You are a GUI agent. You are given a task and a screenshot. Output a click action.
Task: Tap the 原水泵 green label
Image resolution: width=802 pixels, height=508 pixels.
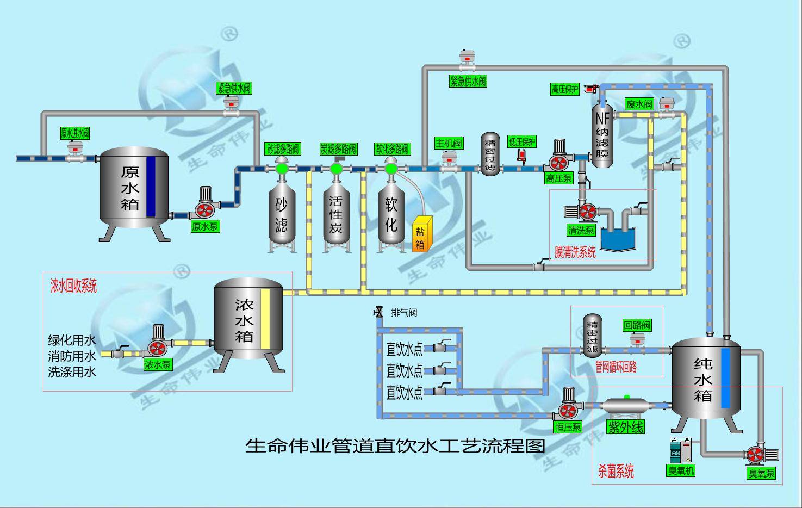tap(205, 226)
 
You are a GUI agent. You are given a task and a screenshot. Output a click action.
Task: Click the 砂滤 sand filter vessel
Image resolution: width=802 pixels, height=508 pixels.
tap(282, 215)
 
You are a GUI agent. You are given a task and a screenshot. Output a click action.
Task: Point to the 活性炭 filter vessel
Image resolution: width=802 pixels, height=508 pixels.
tap(336, 215)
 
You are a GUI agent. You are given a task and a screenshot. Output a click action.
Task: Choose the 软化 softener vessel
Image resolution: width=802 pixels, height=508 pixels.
tap(391, 215)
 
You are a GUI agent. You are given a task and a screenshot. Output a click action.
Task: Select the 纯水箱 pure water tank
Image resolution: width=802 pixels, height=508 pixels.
tap(706, 381)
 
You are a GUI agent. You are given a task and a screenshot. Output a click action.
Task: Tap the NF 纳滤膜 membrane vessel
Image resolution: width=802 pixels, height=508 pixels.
tap(602, 136)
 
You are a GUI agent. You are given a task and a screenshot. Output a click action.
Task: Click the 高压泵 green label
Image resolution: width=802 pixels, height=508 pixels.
tap(558, 178)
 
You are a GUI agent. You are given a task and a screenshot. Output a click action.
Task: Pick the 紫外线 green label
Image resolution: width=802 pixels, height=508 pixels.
tap(625, 427)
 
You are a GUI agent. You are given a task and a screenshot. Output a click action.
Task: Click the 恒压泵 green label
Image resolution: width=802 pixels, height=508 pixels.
tap(568, 427)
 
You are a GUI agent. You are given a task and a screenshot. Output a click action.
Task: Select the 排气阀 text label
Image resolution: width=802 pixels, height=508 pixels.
tap(404, 312)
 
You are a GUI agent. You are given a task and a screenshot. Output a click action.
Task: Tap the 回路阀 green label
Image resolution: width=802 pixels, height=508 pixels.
tap(637, 325)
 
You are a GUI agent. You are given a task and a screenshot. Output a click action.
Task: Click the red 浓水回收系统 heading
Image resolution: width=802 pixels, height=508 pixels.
tap(73, 286)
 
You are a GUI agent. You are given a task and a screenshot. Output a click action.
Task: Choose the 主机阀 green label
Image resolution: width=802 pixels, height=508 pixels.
tap(449, 143)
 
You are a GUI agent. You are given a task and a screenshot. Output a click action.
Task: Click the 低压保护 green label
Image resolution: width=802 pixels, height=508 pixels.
tap(522, 142)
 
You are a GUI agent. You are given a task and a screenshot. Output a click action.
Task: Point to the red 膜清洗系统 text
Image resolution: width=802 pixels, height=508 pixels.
tap(575, 252)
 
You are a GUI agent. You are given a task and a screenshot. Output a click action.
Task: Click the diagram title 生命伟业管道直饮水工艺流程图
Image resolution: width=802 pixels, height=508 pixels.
tap(395, 446)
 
